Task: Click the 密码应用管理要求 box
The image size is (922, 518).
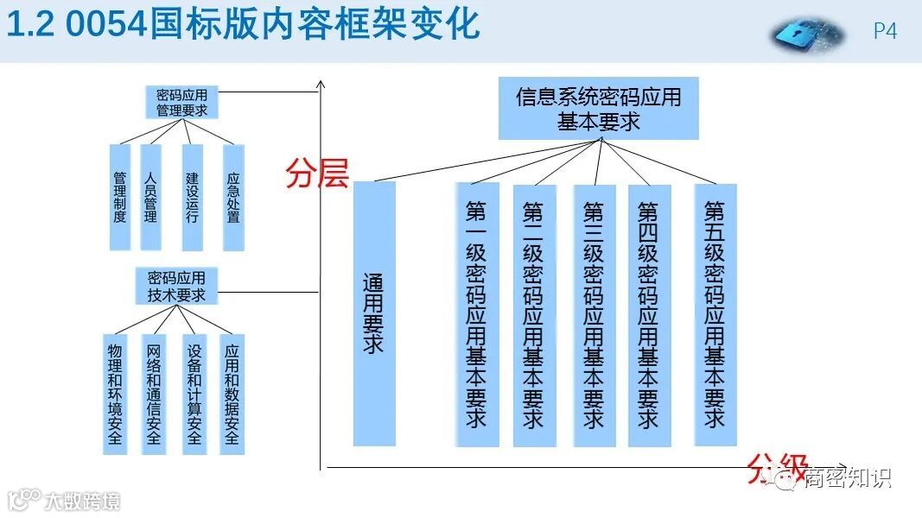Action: [181, 102]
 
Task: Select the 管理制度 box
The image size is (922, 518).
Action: [120, 197]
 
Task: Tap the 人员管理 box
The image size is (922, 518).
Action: [151, 197]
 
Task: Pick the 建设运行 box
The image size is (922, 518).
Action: [192, 197]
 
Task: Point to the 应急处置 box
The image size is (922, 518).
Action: [233, 197]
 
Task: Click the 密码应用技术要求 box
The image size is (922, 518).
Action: [176, 286]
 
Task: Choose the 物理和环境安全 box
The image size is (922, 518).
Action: [114, 394]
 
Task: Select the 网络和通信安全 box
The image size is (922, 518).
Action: [154, 394]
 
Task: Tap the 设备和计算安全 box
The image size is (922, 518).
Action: [194, 394]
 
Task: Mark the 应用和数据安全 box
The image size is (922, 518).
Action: [232, 394]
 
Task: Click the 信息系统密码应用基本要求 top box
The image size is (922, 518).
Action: [598, 108]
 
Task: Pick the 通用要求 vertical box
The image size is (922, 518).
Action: [374, 313]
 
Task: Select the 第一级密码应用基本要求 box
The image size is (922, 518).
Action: [477, 314]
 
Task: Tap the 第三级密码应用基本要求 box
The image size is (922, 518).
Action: [594, 314]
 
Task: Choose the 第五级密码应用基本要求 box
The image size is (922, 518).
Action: [715, 314]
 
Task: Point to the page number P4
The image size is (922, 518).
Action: [885, 31]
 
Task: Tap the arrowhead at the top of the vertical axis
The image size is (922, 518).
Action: [321, 84]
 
